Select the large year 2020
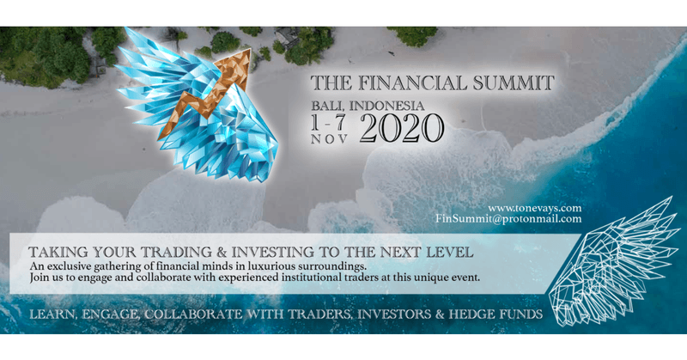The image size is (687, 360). pos(402,129)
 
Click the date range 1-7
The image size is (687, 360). pos(328,123)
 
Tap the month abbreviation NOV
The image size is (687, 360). pos(330,139)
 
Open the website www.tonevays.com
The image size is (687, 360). pos(534,208)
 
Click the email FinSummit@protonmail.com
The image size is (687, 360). pos(508,218)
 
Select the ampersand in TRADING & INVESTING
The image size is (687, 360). pos(221,252)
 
